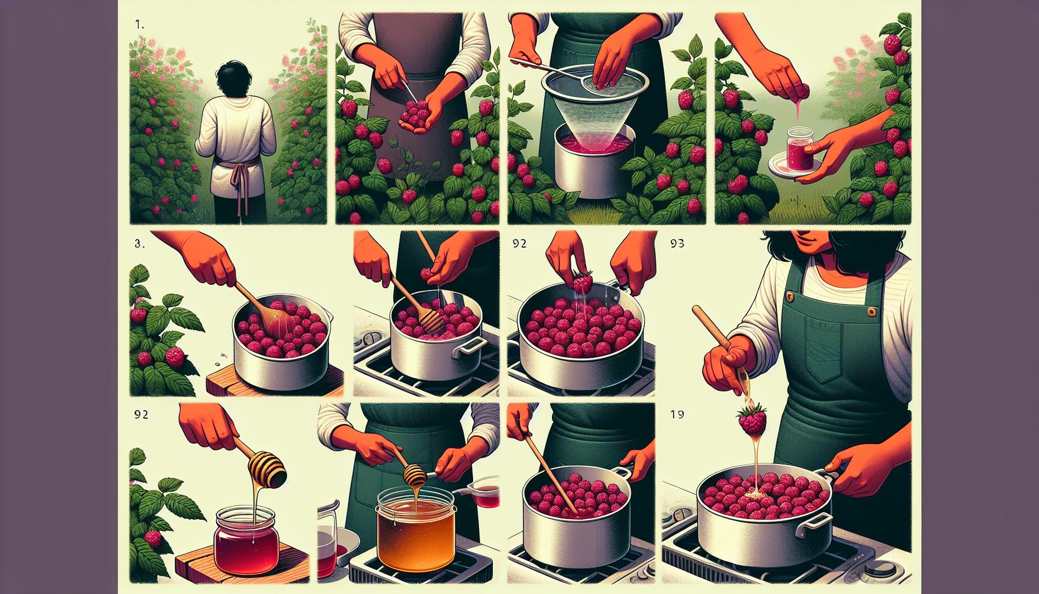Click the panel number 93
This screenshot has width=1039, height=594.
(678, 245)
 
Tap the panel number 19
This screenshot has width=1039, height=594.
(677, 414)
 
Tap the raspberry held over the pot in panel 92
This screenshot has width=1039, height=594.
(583, 282)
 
